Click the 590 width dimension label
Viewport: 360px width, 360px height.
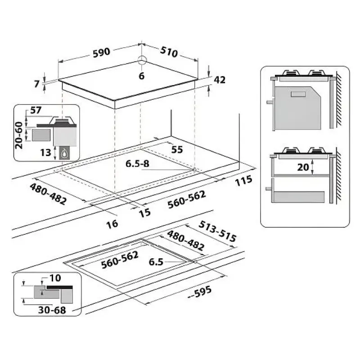(102, 52)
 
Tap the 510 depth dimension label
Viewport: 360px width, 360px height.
(169, 52)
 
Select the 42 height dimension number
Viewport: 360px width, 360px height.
(220, 80)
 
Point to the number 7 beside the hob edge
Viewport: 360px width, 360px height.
(37, 84)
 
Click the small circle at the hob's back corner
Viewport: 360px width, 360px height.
(142, 59)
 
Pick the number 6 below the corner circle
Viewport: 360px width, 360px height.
(142, 76)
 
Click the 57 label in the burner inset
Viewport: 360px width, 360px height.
(36, 110)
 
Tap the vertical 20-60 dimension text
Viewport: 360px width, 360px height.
(19, 135)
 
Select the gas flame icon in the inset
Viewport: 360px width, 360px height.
(65, 153)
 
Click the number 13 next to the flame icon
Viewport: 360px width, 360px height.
(45, 153)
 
